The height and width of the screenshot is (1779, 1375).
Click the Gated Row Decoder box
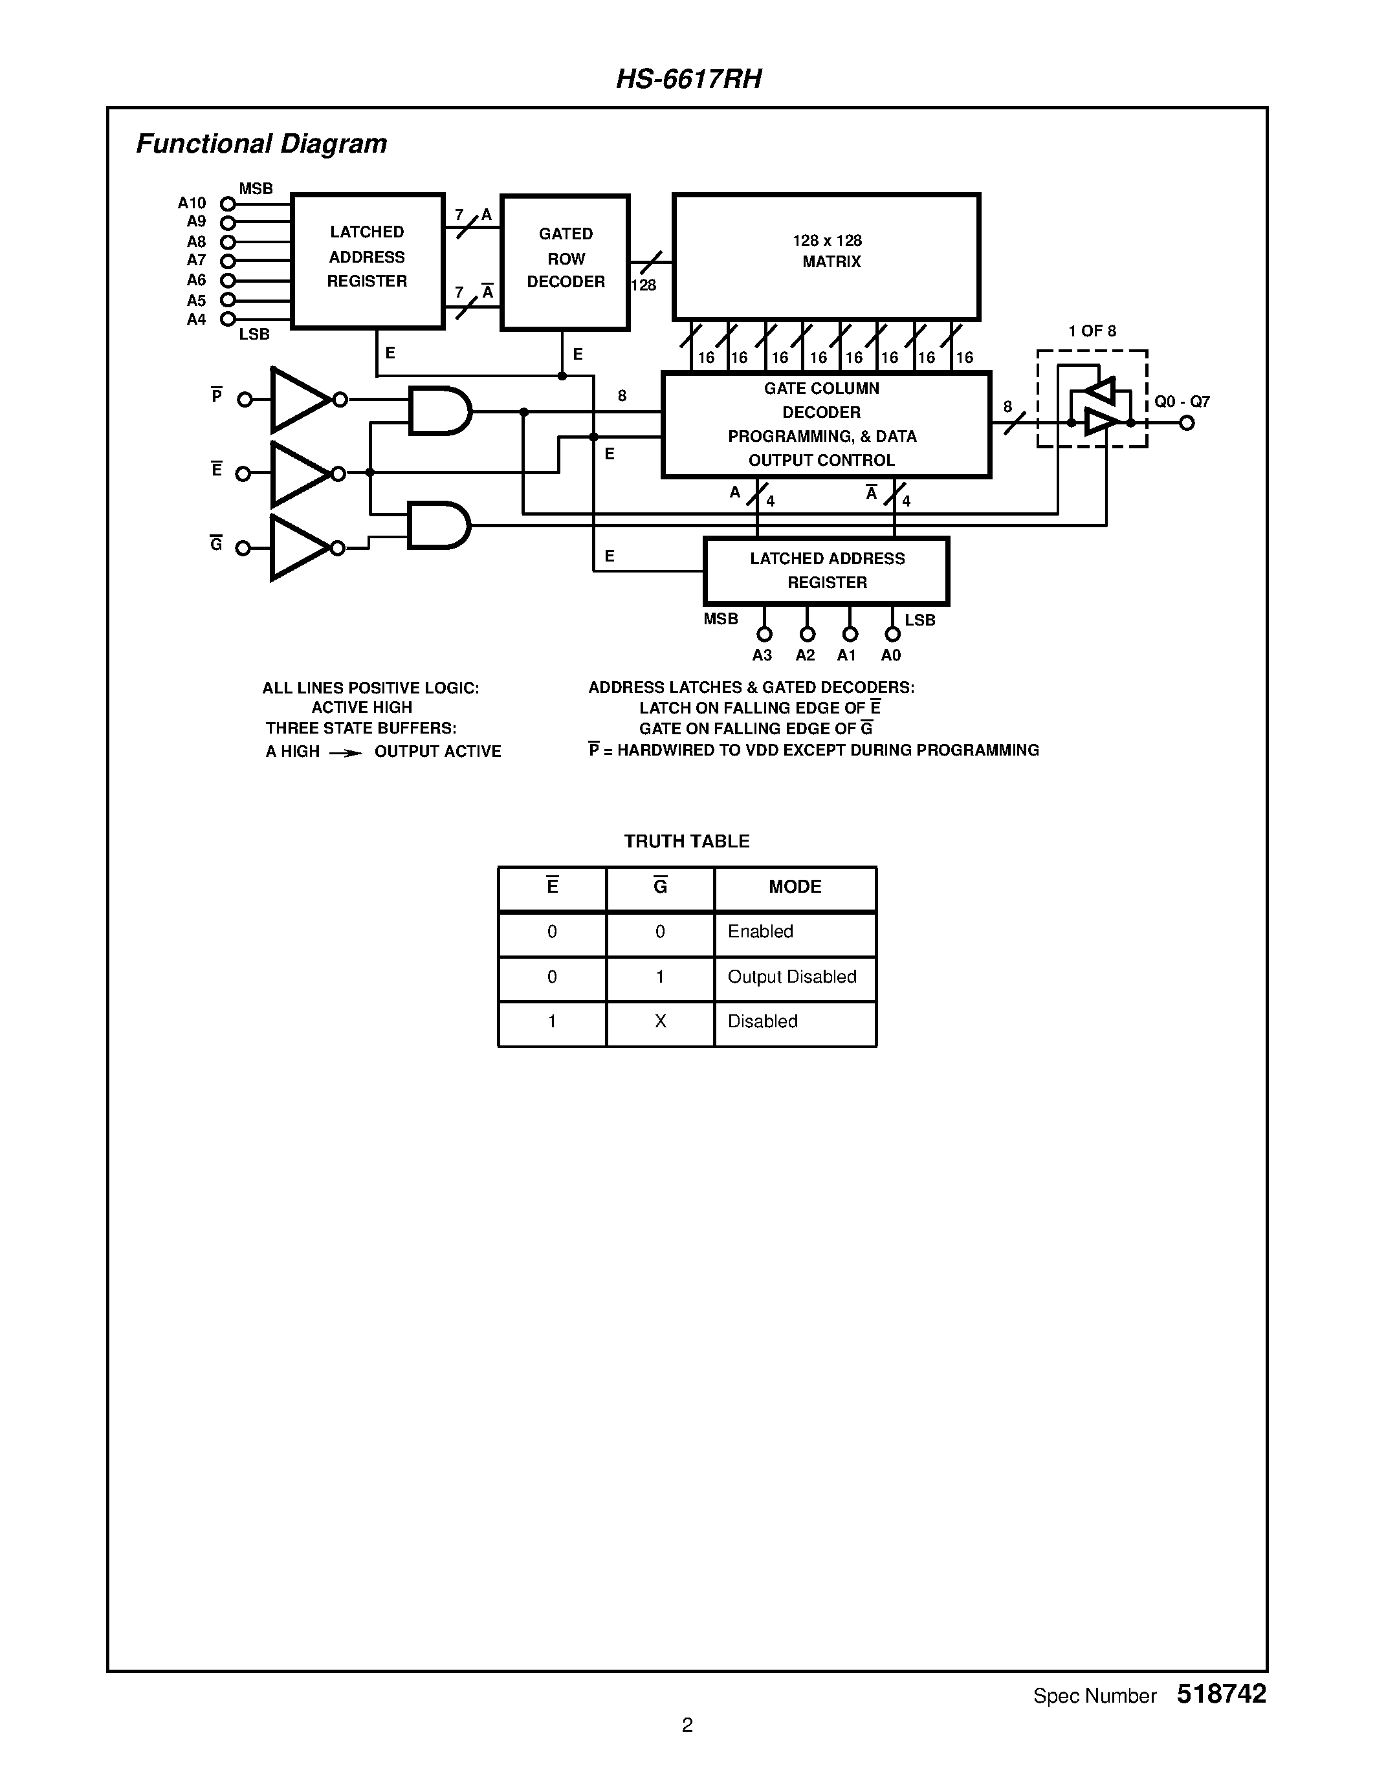[x=566, y=262]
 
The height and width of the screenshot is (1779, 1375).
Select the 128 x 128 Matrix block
[x=826, y=257]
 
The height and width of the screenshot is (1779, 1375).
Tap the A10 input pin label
[x=192, y=203]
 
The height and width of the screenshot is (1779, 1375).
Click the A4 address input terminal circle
[x=228, y=320]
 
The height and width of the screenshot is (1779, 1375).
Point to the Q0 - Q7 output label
[x=1182, y=402]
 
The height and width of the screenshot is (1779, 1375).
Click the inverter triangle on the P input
[x=298, y=399]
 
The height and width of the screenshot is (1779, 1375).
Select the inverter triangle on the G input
[x=298, y=547]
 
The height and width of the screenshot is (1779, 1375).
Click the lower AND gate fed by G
[x=438, y=525]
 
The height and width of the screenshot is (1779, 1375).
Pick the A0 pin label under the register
[x=891, y=656]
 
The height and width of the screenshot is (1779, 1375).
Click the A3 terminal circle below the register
[x=764, y=634]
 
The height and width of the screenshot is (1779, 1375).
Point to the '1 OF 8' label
[x=1092, y=331]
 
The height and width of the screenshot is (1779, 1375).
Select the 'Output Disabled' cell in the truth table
[x=792, y=977]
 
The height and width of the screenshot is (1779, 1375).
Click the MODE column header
[x=795, y=886]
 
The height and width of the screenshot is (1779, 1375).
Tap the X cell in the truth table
[x=660, y=1021]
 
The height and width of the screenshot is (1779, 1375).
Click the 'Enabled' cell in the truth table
[x=760, y=931]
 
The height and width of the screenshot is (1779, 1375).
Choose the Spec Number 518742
[x=1220, y=1694]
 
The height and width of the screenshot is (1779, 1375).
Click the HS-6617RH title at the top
[x=688, y=79]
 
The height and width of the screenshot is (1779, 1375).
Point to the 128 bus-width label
[x=644, y=285]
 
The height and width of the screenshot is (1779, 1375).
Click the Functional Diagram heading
[x=261, y=144]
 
